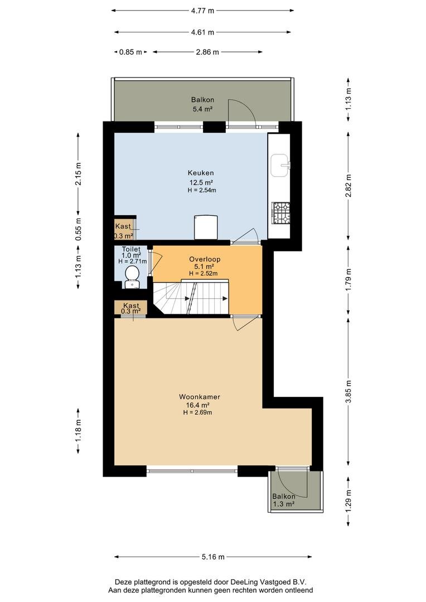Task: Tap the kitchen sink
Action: click(280, 165)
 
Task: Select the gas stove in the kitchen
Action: click(281, 213)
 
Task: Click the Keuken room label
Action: click(201, 173)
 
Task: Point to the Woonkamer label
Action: click(200, 397)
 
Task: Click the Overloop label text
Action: click(204, 259)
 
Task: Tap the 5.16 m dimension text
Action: click(213, 557)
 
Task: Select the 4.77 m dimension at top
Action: click(202, 11)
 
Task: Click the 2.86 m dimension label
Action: click(207, 52)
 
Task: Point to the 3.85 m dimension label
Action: click(348, 392)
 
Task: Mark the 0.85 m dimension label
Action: click(130, 52)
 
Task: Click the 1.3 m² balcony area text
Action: click(283, 504)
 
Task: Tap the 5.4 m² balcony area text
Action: click(202, 109)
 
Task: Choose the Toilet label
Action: click(131, 249)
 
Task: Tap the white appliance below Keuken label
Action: click(206, 227)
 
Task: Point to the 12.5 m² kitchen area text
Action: click(201, 182)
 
